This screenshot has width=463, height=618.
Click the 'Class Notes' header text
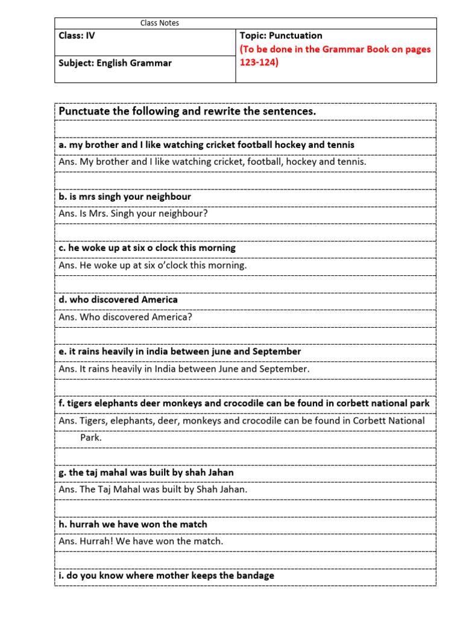tap(160, 23)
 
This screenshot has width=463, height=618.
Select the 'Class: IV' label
tap(77, 36)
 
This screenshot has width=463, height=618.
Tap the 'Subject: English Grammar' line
tap(115, 63)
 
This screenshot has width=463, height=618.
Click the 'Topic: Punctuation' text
tap(281, 36)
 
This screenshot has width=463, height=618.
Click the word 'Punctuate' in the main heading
tap(83, 112)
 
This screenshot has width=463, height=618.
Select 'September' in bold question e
tap(274, 351)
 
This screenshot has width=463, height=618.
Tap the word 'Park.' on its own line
tap(91, 438)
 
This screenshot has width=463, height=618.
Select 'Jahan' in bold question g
tap(219, 473)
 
